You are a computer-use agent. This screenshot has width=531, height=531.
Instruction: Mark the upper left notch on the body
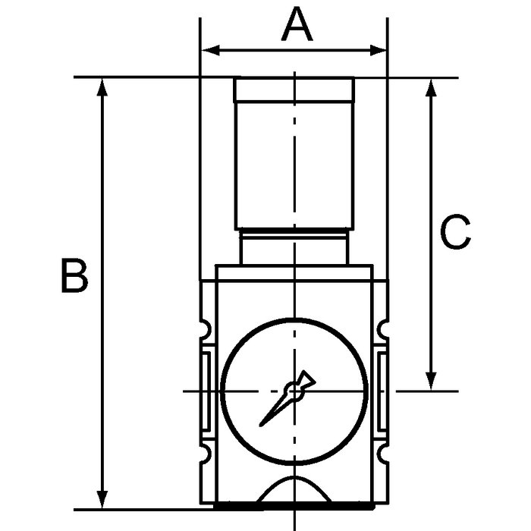coord(205,329)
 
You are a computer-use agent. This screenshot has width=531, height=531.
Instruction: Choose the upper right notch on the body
coord(381,329)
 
